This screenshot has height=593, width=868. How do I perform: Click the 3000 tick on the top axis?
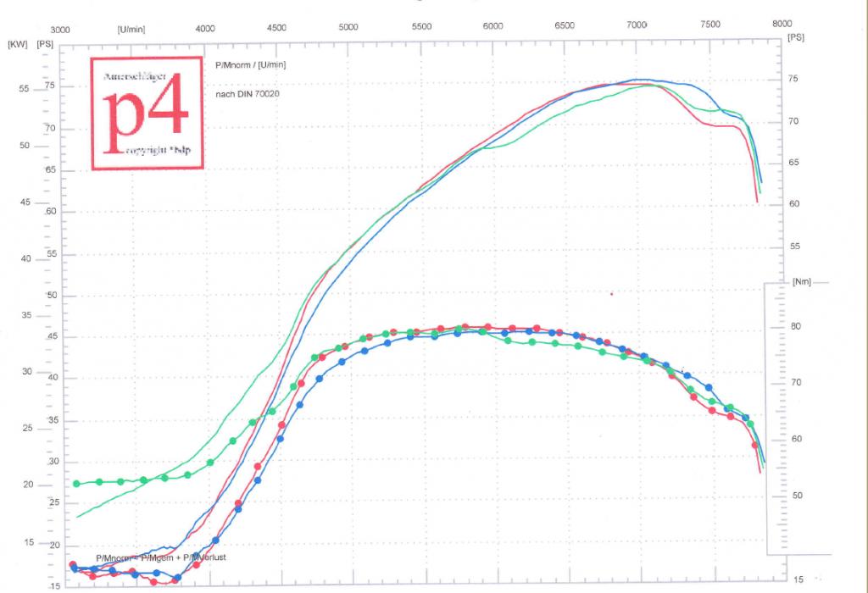tap(61, 27)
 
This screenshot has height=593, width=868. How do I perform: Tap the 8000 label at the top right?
tap(781, 25)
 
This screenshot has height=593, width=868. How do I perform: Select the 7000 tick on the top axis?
tap(637, 25)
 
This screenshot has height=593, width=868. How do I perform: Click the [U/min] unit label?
tap(131, 28)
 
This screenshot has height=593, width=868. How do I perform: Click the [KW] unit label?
tap(17, 42)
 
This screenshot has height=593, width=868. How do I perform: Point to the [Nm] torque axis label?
tap(802, 282)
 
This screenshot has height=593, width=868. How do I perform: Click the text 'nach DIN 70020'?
tap(248, 93)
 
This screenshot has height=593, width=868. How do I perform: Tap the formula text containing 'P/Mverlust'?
tap(161, 557)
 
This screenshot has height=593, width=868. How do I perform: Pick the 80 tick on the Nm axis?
tap(796, 326)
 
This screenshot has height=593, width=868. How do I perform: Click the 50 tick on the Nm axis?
tap(796, 495)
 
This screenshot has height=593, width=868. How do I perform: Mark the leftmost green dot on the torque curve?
tap(77, 484)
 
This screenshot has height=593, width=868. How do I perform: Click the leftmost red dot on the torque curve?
tap(73, 565)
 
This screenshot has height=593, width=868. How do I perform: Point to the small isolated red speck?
tap(611, 294)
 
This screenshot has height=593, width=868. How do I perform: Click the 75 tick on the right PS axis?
tap(793, 79)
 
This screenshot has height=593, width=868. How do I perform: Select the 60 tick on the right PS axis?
tap(793, 204)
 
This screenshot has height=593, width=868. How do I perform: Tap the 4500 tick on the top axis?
tap(276, 27)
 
